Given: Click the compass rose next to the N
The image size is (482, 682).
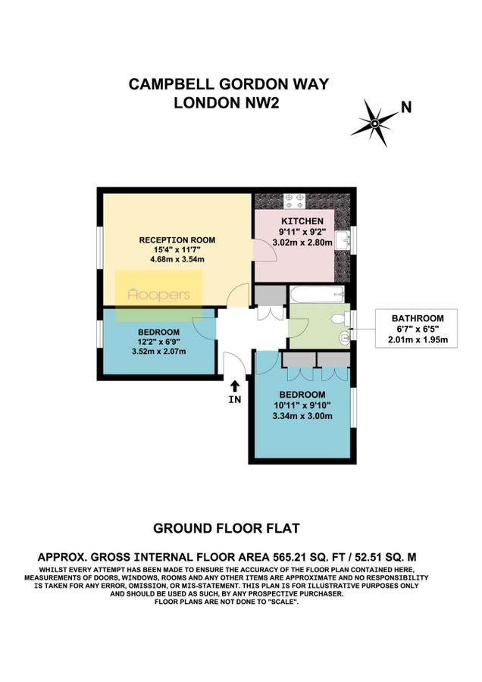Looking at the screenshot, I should coord(374,120).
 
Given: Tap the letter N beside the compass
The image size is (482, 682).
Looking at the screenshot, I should coord(406,108).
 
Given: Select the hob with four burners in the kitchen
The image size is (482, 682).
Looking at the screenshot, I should coord(294,200).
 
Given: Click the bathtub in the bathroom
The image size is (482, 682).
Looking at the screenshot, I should coord(317,293).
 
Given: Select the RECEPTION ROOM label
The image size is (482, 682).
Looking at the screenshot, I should coord(174,240).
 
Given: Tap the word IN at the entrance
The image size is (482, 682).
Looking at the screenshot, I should coord(235,400).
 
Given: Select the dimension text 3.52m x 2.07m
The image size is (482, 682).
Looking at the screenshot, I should coord(158,351).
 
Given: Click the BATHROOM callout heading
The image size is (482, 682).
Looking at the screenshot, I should coord(418,318).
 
